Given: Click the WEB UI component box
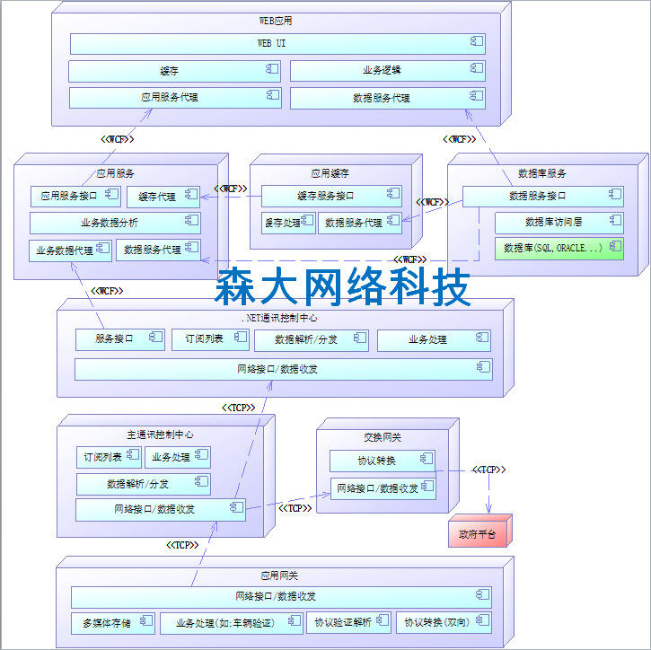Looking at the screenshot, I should click(x=277, y=43).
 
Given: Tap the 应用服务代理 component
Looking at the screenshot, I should click(x=174, y=97).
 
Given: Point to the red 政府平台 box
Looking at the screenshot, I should click(x=479, y=533).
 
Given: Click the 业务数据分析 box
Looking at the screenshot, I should click(x=114, y=223).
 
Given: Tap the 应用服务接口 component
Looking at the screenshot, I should click(x=76, y=196).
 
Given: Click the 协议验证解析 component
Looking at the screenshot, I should click(x=349, y=622).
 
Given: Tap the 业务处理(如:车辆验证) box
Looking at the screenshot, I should click(x=232, y=622).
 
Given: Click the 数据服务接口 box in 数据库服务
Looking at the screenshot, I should click(x=543, y=196).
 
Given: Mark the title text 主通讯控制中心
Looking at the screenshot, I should click(x=161, y=435).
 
